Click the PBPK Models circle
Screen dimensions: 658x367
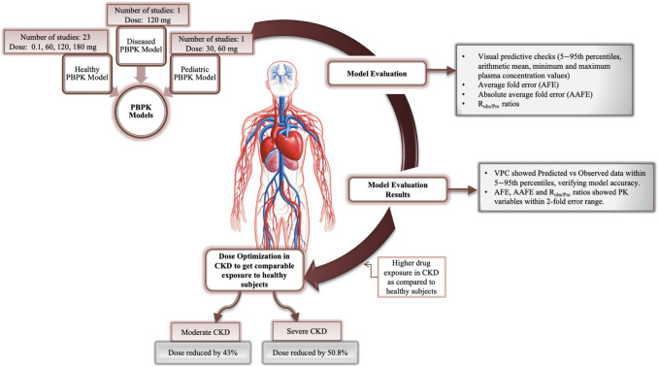point(141,112)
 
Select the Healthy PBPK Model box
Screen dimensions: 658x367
point(87,74)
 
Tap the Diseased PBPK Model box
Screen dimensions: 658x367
point(141,46)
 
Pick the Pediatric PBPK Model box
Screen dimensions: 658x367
point(195,74)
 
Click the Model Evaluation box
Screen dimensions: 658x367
point(377,74)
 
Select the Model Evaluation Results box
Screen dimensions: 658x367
point(397,189)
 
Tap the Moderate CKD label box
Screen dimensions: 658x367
point(205,332)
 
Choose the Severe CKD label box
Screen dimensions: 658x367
point(307,331)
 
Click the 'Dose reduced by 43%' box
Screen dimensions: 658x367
point(203,352)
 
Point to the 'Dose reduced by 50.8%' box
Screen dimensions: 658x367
point(311,352)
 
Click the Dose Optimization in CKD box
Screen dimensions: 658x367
point(254,270)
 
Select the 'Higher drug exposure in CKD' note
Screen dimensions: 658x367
point(411,277)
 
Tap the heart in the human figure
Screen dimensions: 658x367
point(287,145)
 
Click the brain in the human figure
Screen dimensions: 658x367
point(281,72)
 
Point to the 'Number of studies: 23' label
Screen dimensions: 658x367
point(55,37)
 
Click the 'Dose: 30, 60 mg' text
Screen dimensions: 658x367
point(212,49)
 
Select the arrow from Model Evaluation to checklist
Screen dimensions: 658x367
point(442,71)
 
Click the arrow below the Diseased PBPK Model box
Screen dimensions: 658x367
point(142,74)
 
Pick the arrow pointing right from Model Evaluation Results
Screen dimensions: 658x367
point(463,189)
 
